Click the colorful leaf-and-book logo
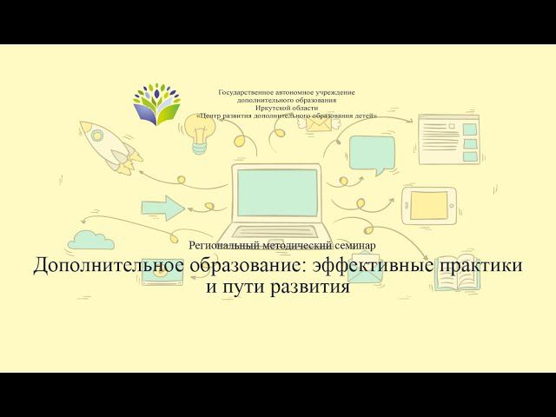pyautogui.click(x=157, y=104)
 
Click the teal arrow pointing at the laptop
pyautogui.click(x=161, y=207)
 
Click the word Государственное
pyautogui.click(x=247, y=92)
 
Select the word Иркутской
pyautogui.click(x=270, y=108)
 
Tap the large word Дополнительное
pyautogui.click(x=108, y=266)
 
